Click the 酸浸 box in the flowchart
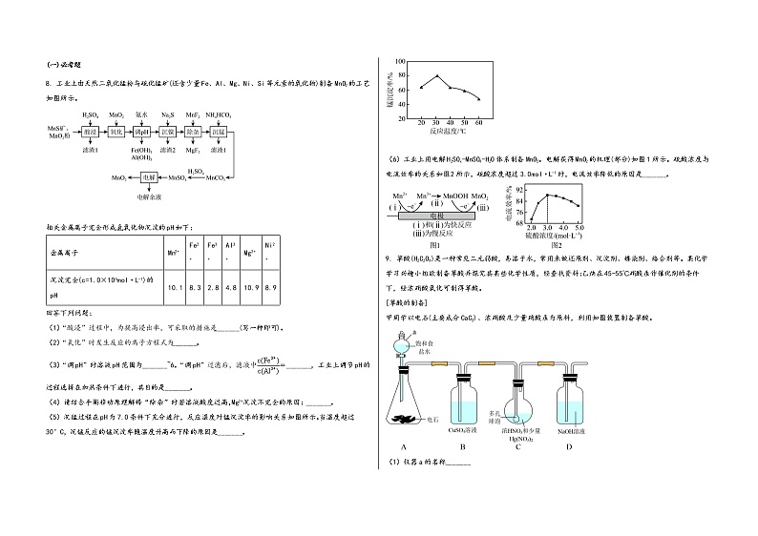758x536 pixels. point(91,131)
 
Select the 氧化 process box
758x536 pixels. point(116,131)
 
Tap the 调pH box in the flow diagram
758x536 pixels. point(142,131)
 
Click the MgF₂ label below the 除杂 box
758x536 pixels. point(193,150)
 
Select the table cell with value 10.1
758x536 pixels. point(175,287)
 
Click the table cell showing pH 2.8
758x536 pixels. point(216,287)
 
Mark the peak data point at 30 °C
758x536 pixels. point(437,76)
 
